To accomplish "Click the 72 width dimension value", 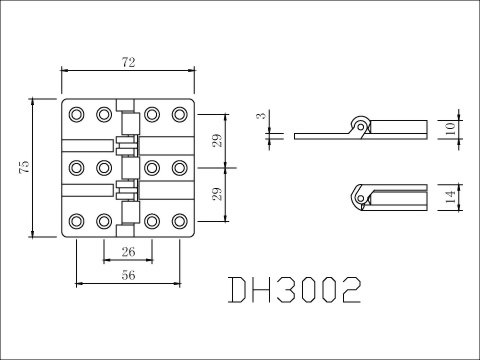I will point(129,62).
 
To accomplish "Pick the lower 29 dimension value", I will point(218,193).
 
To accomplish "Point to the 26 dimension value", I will point(129,250).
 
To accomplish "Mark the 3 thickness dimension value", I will point(260,118).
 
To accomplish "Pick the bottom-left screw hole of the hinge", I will point(79,219).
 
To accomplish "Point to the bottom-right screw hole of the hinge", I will point(180,219).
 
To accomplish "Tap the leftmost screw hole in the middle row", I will point(79,166).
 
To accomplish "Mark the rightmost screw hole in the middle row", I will point(180,166).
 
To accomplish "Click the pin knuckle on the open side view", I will point(359,124).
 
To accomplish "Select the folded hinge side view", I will point(385,194).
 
